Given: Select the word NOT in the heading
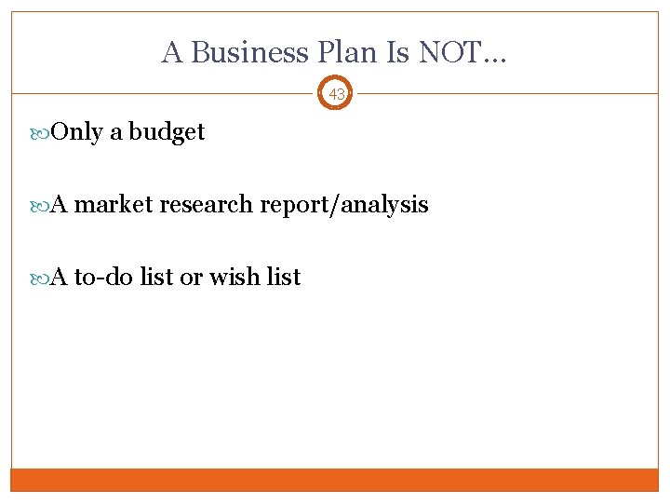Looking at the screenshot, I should coord(449,52).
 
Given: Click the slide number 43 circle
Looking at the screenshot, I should coord(336,93).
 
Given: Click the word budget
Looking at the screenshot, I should coord(167,132).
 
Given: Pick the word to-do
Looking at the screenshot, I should coord(103,277).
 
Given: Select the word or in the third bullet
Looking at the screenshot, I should coord(192,277).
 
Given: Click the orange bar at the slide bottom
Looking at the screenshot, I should coord(335,479).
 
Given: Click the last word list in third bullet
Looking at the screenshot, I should coord(284,277).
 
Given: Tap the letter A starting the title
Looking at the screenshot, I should coord(171,52).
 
